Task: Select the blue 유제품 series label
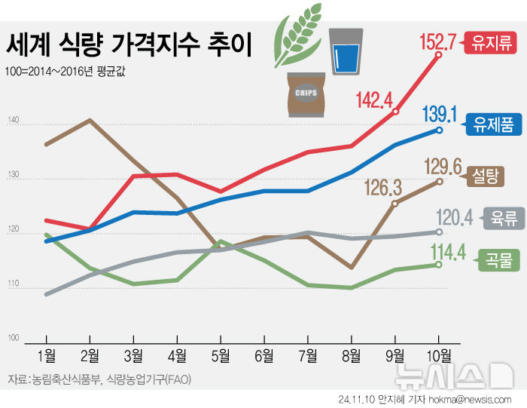pyautogui.click(x=493, y=124)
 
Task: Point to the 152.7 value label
pyautogui.click(x=440, y=41)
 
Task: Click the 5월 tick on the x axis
pyautogui.click(x=221, y=355)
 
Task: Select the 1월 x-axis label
pyautogui.click(x=47, y=355)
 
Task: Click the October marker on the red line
pyautogui.click(x=439, y=55)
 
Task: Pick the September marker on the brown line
pyautogui.click(x=395, y=203)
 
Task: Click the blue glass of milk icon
pyautogui.click(x=347, y=50)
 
